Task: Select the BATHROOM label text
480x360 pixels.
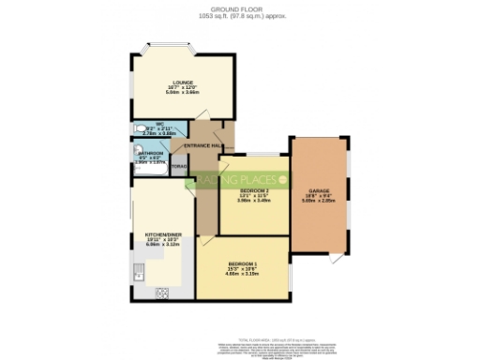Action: (x=152, y=152)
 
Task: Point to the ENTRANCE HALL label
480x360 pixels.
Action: (x=202, y=146)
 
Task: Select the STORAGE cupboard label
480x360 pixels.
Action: (x=181, y=167)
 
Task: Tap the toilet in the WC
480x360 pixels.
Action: (x=142, y=129)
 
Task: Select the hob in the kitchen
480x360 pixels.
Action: (x=161, y=292)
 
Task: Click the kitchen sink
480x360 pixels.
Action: (x=139, y=271)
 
